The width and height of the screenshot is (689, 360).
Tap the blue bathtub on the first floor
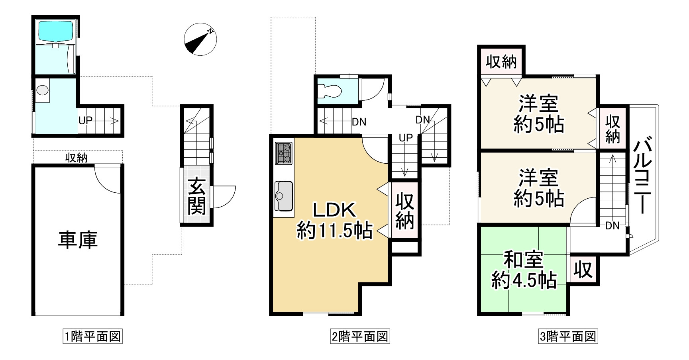pos(55,31)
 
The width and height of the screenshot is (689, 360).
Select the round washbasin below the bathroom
pos(42,90)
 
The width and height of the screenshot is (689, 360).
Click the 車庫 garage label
pos(78,240)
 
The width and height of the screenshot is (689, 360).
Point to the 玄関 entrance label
pos(197,196)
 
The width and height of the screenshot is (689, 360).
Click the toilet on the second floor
pos(331,91)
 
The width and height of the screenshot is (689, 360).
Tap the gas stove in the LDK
pos(284,153)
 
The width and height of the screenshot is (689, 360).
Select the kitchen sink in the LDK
pos(284,196)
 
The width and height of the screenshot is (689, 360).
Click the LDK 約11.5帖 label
pos(334,221)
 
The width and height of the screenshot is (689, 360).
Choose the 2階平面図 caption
pos(360,337)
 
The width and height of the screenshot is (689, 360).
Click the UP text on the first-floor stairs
pos(86,120)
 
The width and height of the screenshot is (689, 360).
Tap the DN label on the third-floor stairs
pos(612,226)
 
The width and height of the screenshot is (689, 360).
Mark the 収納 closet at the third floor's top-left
pos(501,62)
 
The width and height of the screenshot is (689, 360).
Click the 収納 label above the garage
pos(77,158)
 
